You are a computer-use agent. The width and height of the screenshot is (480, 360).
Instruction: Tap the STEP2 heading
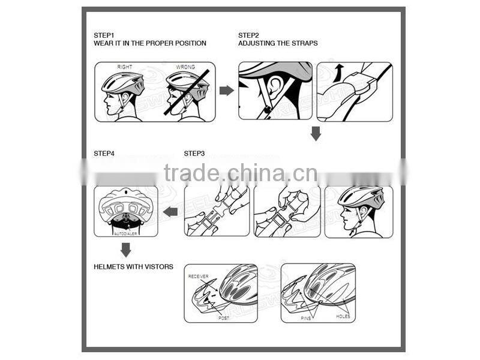pyautogui.click(x=248, y=35)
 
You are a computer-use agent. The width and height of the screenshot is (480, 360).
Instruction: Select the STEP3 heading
pyautogui.click(x=194, y=154)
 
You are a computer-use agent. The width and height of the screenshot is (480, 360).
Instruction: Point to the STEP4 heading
pyautogui.click(x=104, y=154)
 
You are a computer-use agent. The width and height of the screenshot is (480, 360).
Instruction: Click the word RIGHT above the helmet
pyautogui.click(x=125, y=67)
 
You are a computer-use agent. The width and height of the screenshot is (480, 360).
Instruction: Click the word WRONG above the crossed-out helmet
pyautogui.click(x=185, y=67)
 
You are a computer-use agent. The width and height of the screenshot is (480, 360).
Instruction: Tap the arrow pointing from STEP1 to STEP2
pyautogui.click(x=226, y=91)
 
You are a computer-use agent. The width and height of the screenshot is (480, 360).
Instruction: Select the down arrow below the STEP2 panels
pyautogui.click(x=316, y=133)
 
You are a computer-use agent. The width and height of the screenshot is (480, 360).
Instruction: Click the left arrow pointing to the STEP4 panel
pyautogui.click(x=171, y=211)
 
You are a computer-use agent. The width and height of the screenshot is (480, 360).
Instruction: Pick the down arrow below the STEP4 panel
pyautogui.click(x=125, y=249)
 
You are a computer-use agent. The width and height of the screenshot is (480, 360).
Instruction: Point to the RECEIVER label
pyautogui.click(x=199, y=276)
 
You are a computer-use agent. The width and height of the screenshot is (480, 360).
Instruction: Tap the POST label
pyautogui.click(x=223, y=317)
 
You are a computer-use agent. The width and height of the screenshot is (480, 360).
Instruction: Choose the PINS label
pyautogui.click(x=306, y=318)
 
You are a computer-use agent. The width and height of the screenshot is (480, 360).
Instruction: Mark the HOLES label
pyautogui.click(x=343, y=316)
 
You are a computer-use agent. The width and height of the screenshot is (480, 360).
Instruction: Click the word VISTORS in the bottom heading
pyautogui.click(x=158, y=266)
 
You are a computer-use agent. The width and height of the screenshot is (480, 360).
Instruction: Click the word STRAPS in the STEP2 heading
pyautogui.click(x=305, y=43)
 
